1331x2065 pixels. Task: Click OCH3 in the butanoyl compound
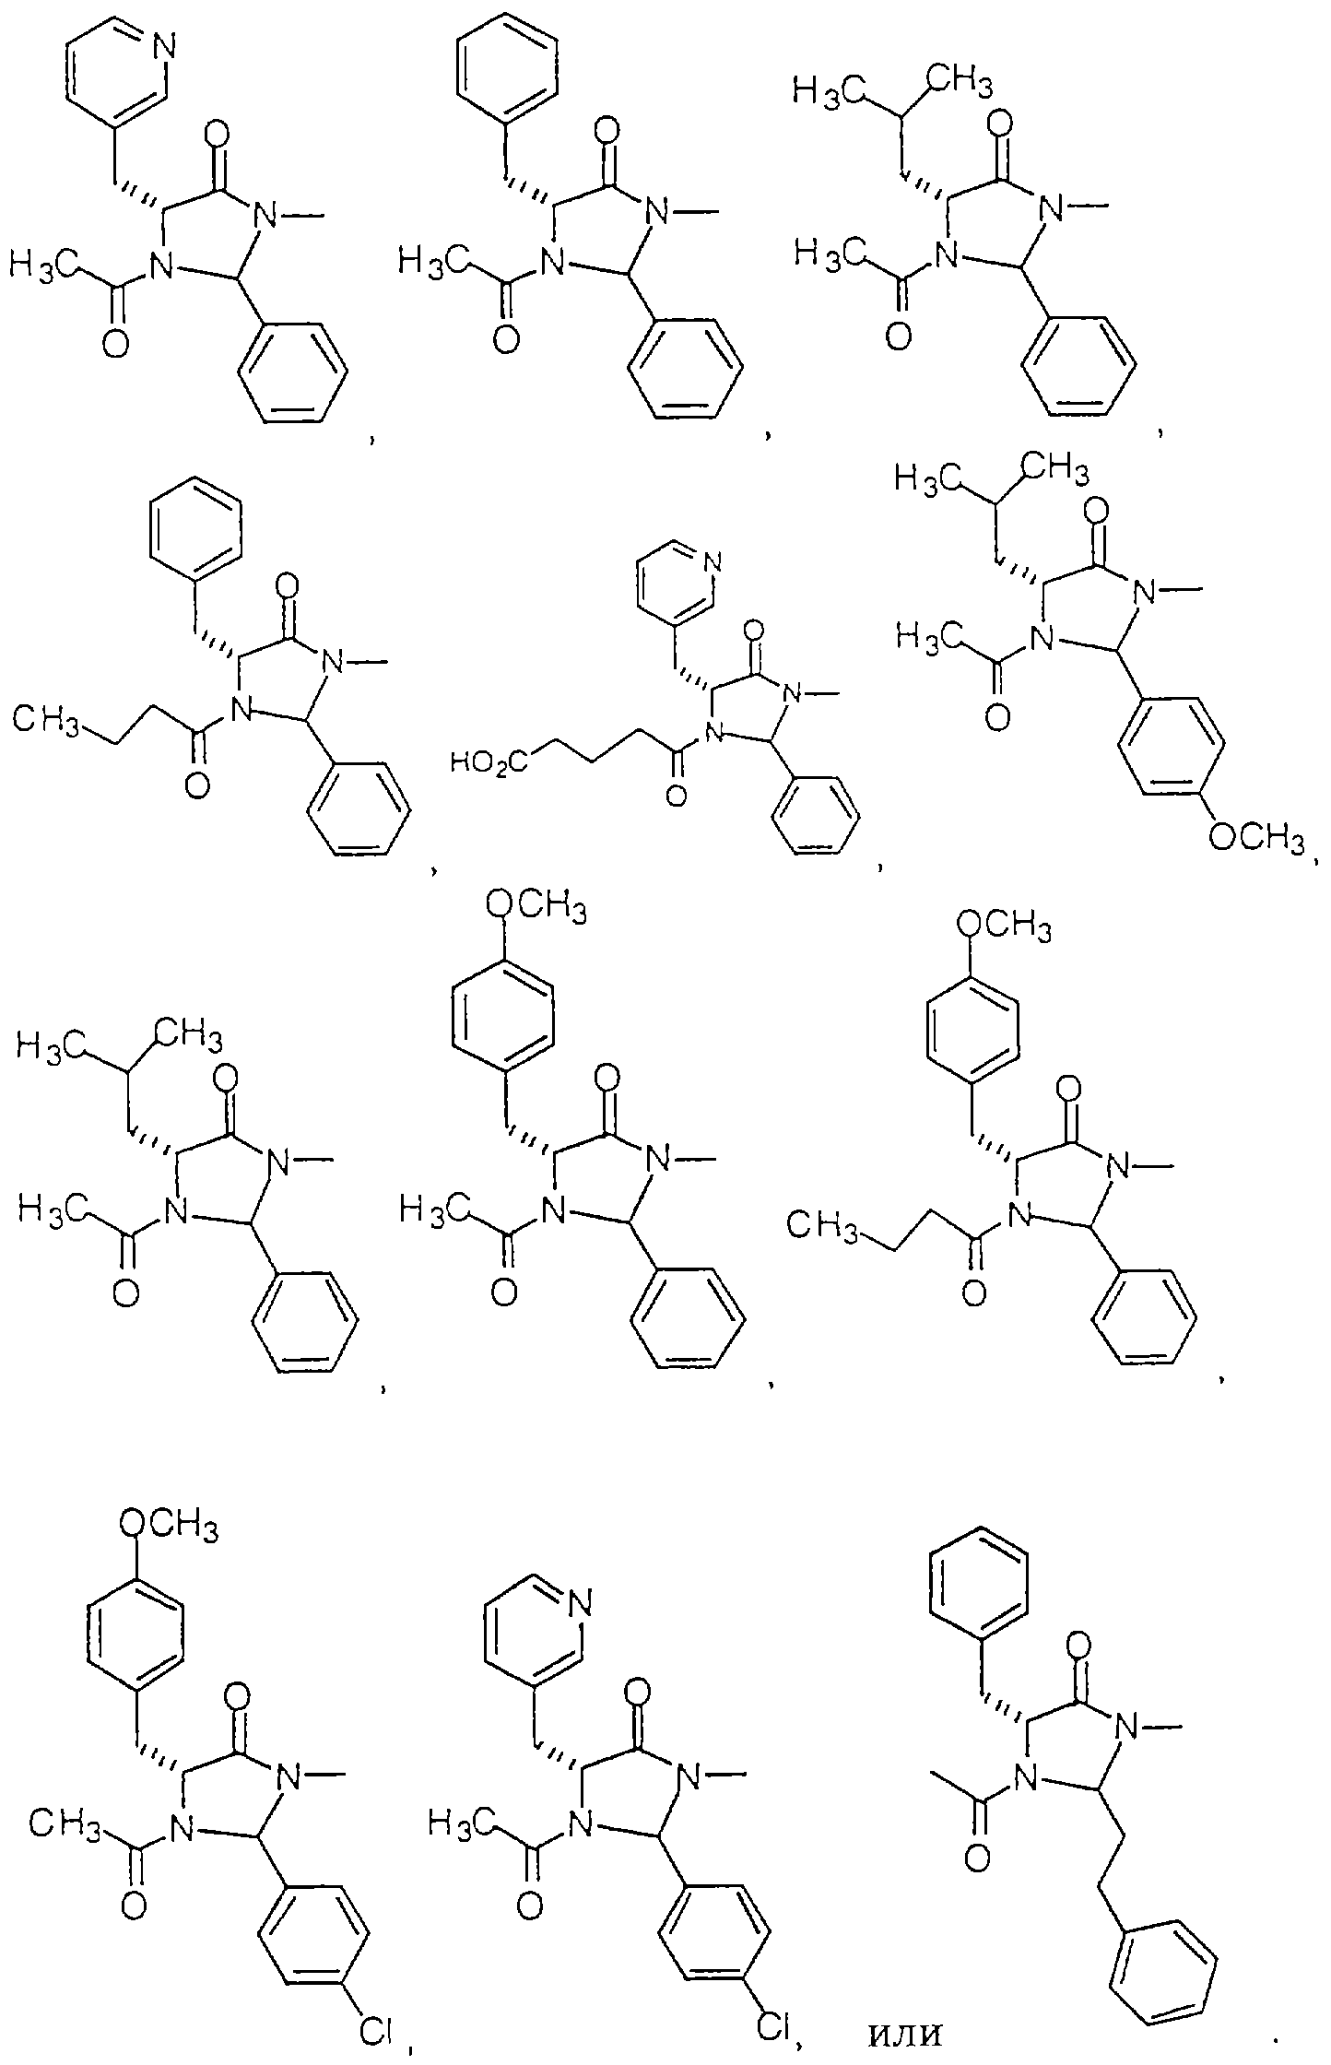[x=1005, y=926]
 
